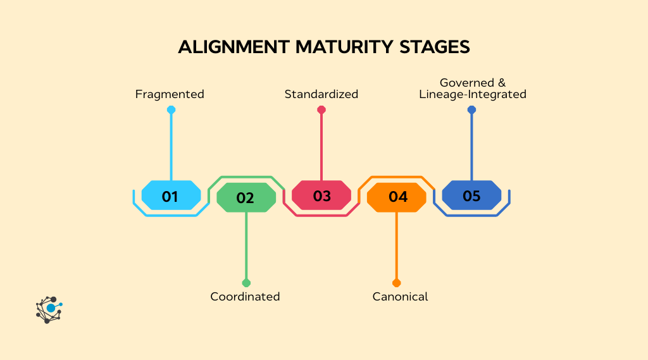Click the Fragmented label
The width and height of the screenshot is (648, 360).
pyautogui.click(x=170, y=94)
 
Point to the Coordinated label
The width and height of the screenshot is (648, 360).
pyautogui.click(x=245, y=297)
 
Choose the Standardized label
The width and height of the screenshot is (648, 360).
pyautogui.click(x=321, y=94)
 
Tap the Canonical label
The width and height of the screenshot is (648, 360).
pyautogui.click(x=400, y=297)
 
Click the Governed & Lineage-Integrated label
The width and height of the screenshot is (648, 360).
pyautogui.click(x=473, y=89)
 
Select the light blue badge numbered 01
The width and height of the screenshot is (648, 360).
pyautogui.click(x=171, y=196)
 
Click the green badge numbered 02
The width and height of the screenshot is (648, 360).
pyautogui.click(x=246, y=197)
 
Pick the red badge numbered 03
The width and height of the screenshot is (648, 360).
pyautogui.click(x=321, y=196)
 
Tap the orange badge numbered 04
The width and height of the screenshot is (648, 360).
pyautogui.click(x=397, y=197)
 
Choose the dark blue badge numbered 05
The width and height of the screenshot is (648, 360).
pyautogui.click(x=471, y=196)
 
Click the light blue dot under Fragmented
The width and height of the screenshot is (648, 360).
pyautogui.click(x=171, y=110)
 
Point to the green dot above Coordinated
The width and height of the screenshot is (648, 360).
pyautogui.click(x=246, y=283)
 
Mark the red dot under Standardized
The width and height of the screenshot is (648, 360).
pyautogui.click(x=321, y=110)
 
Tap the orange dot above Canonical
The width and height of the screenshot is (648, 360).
pyautogui.click(x=397, y=283)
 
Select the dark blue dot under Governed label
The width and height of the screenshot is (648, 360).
pyautogui.click(x=471, y=110)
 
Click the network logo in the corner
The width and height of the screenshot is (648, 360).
pyautogui.click(x=49, y=310)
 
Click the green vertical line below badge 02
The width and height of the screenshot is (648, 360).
pyautogui.click(x=246, y=247)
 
